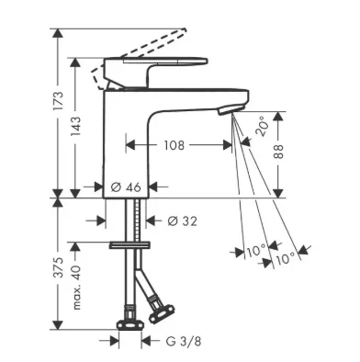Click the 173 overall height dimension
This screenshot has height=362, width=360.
point(58,101)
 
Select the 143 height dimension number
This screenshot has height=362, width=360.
point(75,127)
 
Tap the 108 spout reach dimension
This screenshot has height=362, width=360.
point(174,145)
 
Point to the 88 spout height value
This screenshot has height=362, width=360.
point(278,152)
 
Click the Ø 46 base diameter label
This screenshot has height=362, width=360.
point(126,187)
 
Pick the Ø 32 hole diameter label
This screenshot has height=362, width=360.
point(183,221)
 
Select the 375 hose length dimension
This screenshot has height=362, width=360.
point(58,267)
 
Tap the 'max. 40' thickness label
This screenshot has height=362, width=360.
point(76,288)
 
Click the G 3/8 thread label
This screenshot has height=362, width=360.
point(184,341)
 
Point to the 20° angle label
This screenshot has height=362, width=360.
point(262,126)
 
